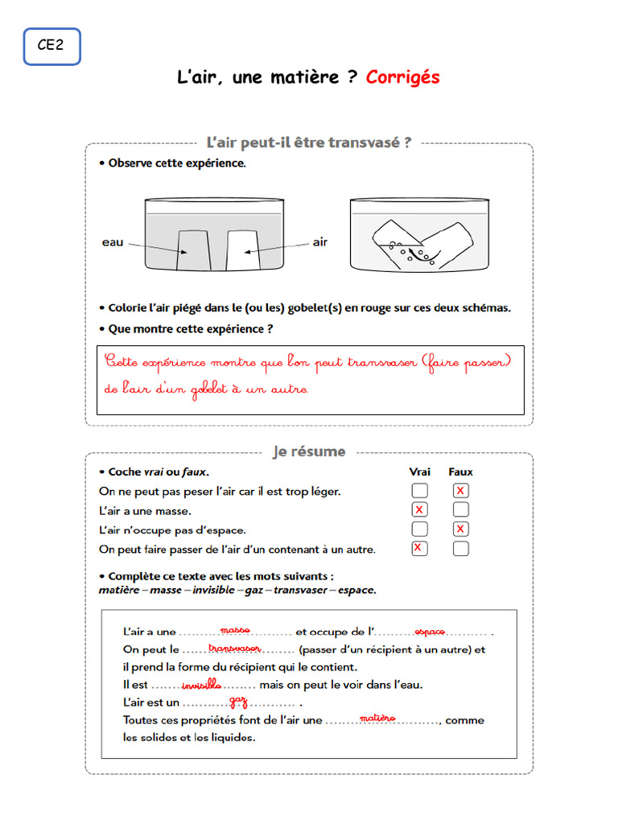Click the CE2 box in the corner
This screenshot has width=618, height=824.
pyautogui.click(x=51, y=46)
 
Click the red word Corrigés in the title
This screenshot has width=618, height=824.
pyautogui.click(x=402, y=77)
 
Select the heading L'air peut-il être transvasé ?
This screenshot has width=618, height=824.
pyautogui.click(x=309, y=142)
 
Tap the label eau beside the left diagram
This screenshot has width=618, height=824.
pyautogui.click(x=113, y=242)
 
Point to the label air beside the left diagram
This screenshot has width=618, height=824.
pyautogui.click(x=319, y=242)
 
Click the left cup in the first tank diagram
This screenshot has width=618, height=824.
pyautogui.click(x=193, y=250)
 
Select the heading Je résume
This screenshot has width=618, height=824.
pyautogui.click(x=309, y=451)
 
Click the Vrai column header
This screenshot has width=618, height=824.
pyautogui.click(x=419, y=472)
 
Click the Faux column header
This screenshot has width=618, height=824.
pyautogui.click(x=460, y=472)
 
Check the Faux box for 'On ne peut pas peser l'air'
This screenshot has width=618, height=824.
pyautogui.click(x=460, y=491)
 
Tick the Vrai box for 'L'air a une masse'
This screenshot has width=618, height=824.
pyautogui.click(x=419, y=510)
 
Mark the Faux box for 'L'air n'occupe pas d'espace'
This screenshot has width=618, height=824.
pyautogui.click(x=460, y=529)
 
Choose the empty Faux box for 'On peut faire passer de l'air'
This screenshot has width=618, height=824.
pyautogui.click(x=460, y=549)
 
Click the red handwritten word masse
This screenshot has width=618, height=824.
pyautogui.click(x=235, y=629)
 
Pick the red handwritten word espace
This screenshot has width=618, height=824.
pyautogui.click(x=430, y=631)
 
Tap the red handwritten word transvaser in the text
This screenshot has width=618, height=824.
pyautogui.click(x=234, y=648)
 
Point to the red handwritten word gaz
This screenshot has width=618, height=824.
pyautogui.click(x=238, y=702)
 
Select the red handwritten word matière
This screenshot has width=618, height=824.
pyautogui.click(x=377, y=718)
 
